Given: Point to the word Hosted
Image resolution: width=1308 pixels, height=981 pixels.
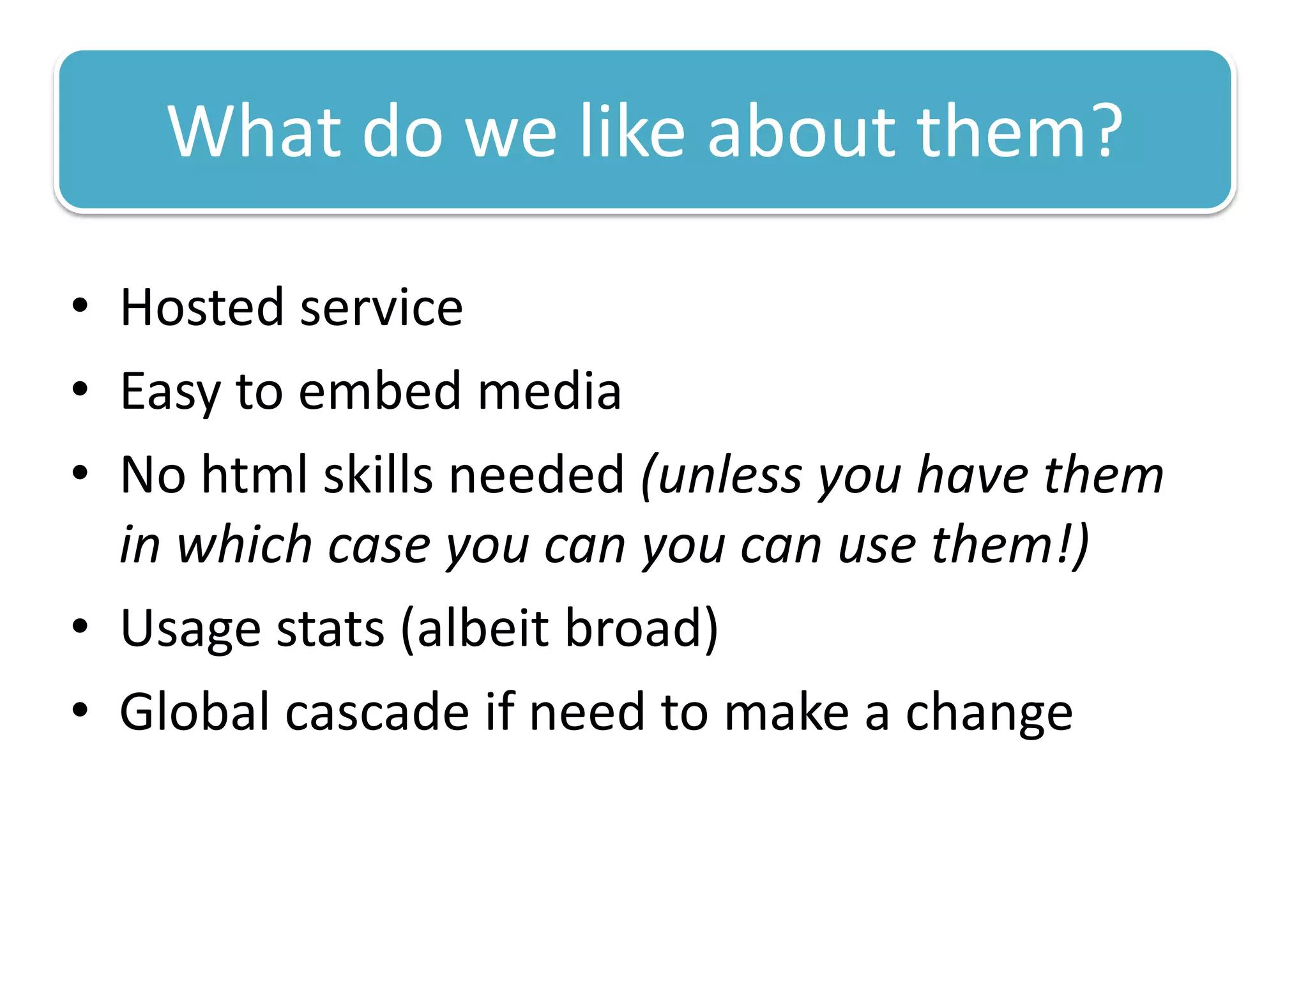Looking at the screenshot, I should click(201, 308).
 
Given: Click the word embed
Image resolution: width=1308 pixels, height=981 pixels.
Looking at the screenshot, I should click(379, 391).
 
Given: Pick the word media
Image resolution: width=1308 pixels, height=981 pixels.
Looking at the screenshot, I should click(549, 391).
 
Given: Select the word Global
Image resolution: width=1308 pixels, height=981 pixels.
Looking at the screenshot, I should click(194, 712).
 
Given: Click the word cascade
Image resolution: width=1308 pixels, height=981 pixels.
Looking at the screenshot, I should click(377, 712).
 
